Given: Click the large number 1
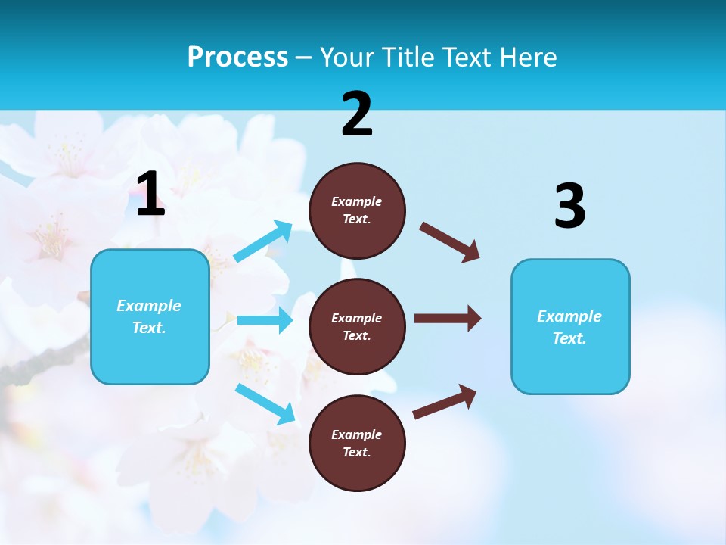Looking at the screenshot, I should click(x=150, y=195).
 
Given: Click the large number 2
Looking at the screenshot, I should click(x=357, y=114).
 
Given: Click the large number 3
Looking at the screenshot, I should click(x=569, y=207).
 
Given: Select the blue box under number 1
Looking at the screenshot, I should click(x=150, y=316).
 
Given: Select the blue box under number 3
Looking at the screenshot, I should click(x=570, y=326).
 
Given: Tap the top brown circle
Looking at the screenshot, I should click(x=357, y=210).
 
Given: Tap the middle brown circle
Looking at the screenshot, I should click(x=357, y=326).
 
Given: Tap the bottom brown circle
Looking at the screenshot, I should click(x=357, y=443).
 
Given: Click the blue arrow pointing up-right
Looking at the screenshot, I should click(x=263, y=241).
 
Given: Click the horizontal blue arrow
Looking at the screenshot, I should click(x=265, y=320).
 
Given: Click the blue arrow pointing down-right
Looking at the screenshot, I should click(x=265, y=403).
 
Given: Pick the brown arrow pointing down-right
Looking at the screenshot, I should click(x=450, y=242).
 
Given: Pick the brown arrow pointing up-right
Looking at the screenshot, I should click(x=445, y=402).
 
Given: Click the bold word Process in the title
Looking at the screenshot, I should click(x=237, y=58).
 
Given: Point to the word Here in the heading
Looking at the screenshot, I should click(x=529, y=58).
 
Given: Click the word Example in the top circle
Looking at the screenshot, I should click(x=356, y=201).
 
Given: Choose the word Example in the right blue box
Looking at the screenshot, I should click(x=569, y=316).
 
